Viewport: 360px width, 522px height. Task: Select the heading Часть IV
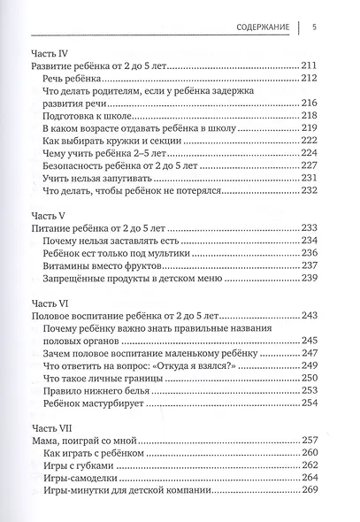click(x=51, y=52)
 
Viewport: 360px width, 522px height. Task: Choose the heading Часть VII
click(x=52, y=426)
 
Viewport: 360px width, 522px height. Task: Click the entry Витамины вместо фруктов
click(x=105, y=265)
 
